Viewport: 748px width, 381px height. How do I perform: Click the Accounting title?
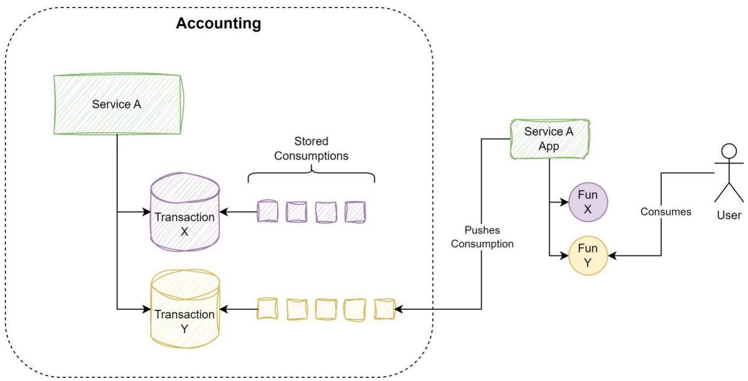pos(218,24)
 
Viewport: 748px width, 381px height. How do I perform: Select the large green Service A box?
pos(118,104)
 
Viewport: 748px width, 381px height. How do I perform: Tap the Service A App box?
pos(550,139)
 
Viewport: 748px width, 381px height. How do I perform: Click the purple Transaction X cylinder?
pos(185,212)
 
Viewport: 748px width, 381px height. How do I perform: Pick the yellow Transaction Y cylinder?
pos(185,309)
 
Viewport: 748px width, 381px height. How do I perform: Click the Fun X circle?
pos(588,202)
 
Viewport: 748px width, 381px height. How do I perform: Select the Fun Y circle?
pos(588,255)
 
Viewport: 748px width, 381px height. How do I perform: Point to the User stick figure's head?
pos(729,151)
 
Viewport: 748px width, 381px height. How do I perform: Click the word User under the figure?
pos(729,215)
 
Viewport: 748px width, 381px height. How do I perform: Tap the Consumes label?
pos(666,212)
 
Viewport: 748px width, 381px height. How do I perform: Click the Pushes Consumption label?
pos(482,237)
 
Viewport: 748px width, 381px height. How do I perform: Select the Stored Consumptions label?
pos(311,149)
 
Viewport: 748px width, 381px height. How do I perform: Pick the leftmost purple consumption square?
pos(267,212)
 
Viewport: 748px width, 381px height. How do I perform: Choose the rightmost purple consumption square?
pos(355,212)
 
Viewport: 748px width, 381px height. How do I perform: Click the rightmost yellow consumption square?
pos(384,309)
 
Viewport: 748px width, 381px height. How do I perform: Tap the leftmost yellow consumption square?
pos(267,309)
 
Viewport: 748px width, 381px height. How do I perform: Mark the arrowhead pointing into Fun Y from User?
pos(612,256)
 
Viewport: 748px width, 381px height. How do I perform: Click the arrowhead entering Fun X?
pos(564,202)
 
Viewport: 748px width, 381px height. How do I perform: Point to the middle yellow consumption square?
pos(326,309)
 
